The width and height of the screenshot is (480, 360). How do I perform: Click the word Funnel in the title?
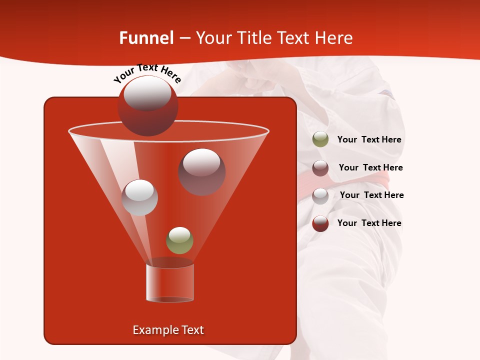click(x=146, y=38)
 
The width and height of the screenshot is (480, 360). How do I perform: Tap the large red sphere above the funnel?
click(x=147, y=105)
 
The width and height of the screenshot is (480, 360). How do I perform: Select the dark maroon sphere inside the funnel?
click(x=202, y=171)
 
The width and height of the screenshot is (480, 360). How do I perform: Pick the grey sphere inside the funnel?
click(x=139, y=197)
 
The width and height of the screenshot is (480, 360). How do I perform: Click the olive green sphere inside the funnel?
click(x=179, y=240)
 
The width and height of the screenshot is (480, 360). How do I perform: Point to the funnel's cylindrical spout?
click(x=170, y=283)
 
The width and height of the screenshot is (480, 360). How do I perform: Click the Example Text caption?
click(x=168, y=330)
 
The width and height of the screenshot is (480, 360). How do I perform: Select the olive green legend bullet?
click(x=320, y=139)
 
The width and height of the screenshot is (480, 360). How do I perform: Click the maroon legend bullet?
click(x=320, y=168)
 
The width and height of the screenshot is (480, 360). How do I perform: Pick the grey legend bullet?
click(x=320, y=196)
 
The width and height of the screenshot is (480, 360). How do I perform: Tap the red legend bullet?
click(x=320, y=223)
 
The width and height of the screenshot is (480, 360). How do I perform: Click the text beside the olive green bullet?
click(x=369, y=140)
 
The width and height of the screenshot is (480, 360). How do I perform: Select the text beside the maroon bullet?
click(x=370, y=167)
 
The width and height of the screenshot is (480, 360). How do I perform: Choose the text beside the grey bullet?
click(x=371, y=195)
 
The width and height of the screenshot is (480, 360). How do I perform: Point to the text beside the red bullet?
click(x=369, y=223)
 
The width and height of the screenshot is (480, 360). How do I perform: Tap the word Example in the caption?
click(x=152, y=330)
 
